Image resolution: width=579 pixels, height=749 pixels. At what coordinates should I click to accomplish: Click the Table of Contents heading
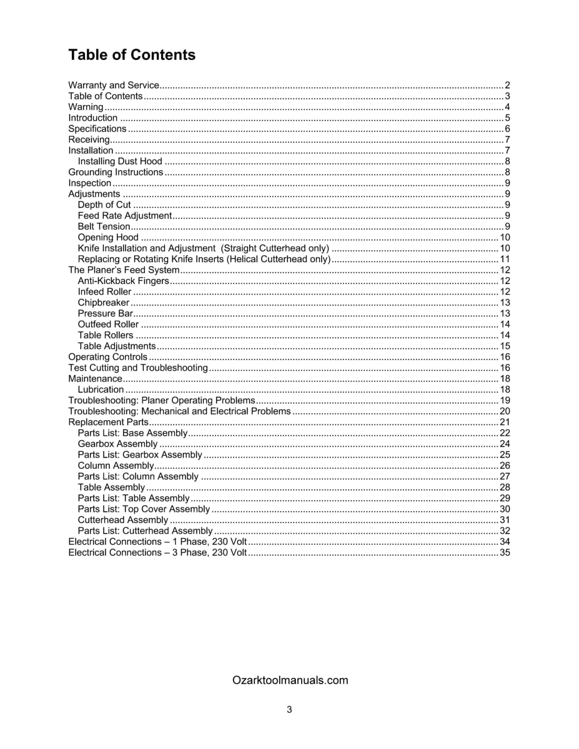pyautogui.click(x=132, y=55)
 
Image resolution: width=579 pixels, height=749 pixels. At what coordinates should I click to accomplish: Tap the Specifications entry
pyautogui.click(x=97, y=129)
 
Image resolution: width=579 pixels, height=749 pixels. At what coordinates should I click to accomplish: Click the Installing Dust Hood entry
pyautogui.click(x=120, y=161)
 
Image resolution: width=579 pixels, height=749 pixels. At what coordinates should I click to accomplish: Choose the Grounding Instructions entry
pyautogui.click(x=116, y=172)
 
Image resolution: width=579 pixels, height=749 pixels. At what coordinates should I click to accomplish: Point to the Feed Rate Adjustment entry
pyautogui.click(x=124, y=215)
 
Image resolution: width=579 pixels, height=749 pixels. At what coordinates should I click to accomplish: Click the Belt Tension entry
pyautogui.click(x=104, y=227)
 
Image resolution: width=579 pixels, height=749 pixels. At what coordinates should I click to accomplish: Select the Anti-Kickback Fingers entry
pyautogui.click(x=123, y=281)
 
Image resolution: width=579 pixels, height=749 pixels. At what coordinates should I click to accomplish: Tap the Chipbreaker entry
pyautogui.click(x=103, y=303)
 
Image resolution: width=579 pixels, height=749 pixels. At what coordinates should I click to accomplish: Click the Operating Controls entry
pyautogui.click(x=107, y=357)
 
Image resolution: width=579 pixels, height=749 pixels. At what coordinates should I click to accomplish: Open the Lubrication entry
pyautogui.click(x=101, y=389)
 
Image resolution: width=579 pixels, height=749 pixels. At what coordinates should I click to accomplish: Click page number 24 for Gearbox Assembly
pyautogui.click(x=505, y=444)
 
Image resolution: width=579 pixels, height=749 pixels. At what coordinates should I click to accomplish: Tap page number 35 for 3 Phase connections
pyautogui.click(x=505, y=552)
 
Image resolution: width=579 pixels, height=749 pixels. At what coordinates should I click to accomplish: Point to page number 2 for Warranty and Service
pyautogui.click(x=508, y=86)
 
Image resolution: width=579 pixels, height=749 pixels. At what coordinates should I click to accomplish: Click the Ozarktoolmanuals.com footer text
pyautogui.click(x=290, y=680)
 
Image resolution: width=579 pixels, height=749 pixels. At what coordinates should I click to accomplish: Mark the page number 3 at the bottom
pyautogui.click(x=289, y=709)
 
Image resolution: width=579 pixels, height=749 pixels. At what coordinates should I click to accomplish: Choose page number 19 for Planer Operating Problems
pyautogui.click(x=505, y=400)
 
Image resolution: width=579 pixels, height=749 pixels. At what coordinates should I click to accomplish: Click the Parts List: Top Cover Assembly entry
pyautogui.click(x=144, y=509)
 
